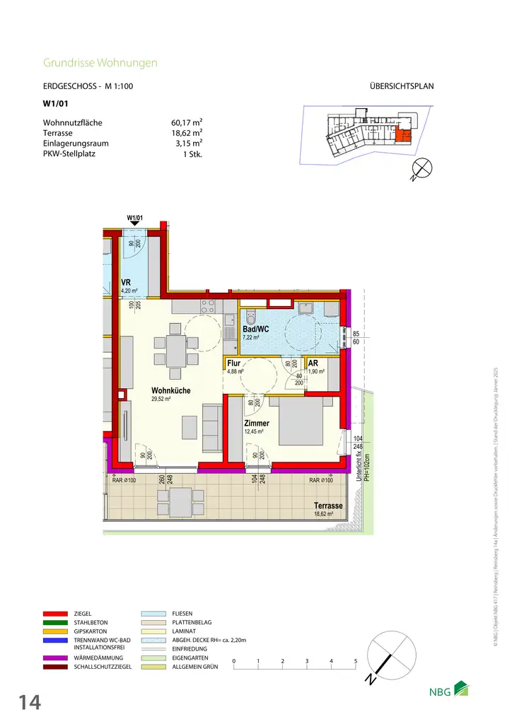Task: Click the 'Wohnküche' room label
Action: point(170,390)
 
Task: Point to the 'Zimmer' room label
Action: point(257,423)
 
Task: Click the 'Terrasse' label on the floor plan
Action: point(328,506)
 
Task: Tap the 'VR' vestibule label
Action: point(125,281)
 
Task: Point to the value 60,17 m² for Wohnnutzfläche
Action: point(182,122)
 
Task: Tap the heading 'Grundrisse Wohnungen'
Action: point(100,63)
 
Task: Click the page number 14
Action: point(29,702)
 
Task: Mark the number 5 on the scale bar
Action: point(355,661)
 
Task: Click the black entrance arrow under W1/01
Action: point(134,224)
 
